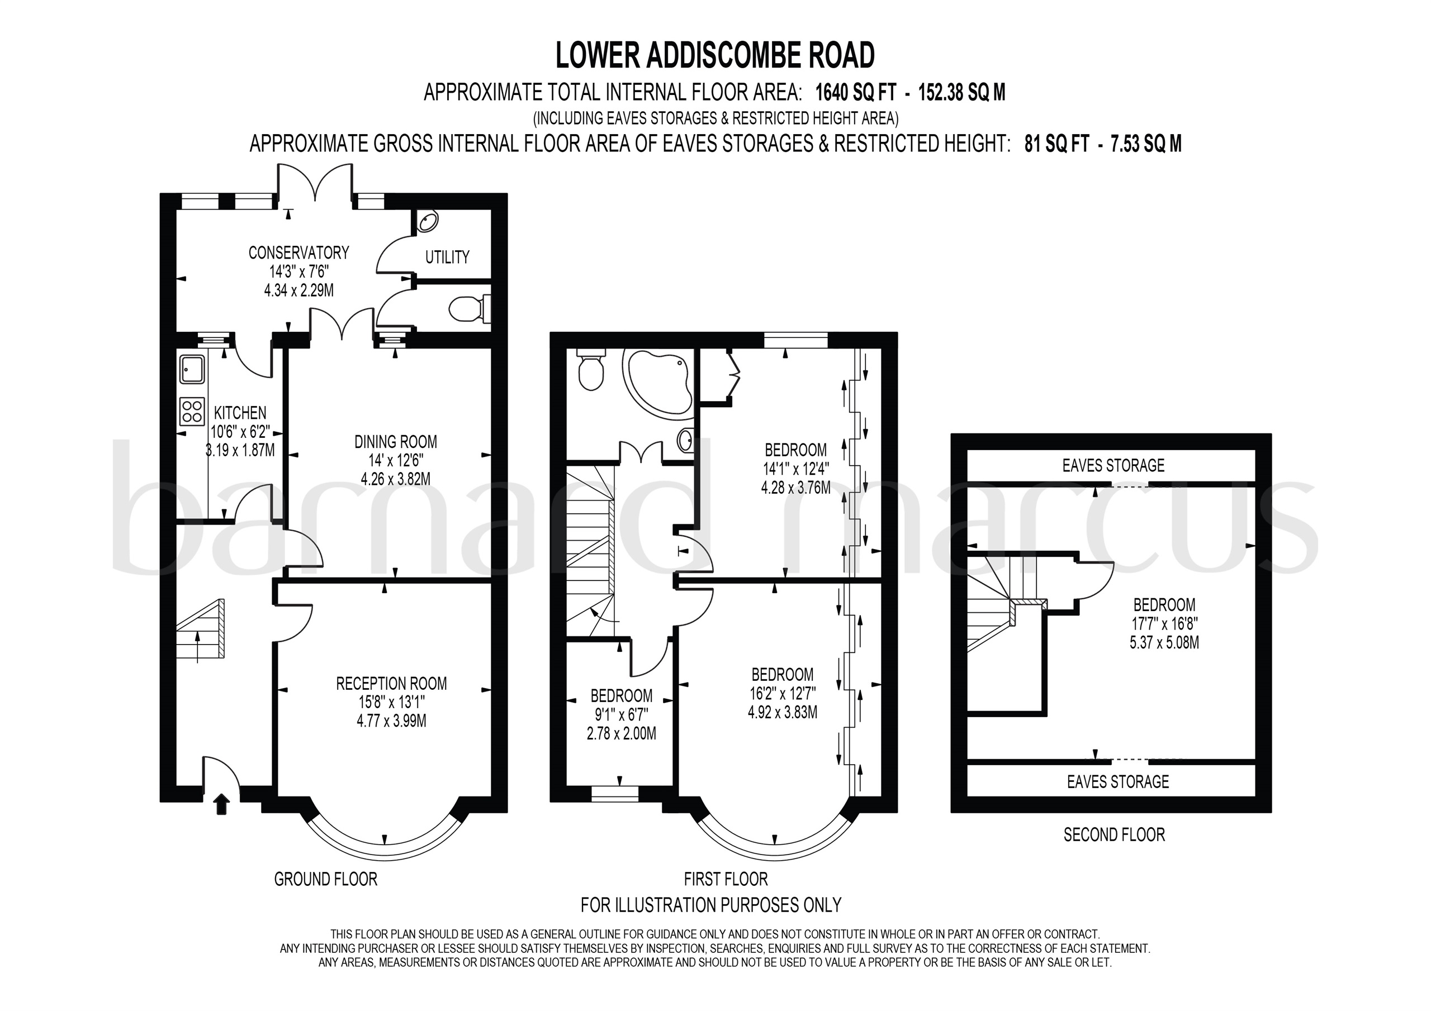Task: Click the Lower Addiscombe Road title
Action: (x=715, y=55)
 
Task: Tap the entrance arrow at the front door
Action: (x=221, y=805)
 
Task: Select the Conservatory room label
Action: (x=298, y=253)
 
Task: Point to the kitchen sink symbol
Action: (x=191, y=369)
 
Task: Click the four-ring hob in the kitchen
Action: (x=192, y=410)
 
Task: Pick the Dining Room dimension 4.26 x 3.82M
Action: (x=395, y=479)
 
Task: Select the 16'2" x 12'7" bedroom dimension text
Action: (x=782, y=693)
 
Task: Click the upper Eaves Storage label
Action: (x=1113, y=465)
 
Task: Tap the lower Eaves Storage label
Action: (x=1117, y=782)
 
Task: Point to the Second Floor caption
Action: (x=1113, y=834)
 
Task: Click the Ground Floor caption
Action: (x=325, y=879)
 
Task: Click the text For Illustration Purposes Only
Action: (x=710, y=904)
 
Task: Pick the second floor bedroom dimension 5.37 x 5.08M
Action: (x=1164, y=642)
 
